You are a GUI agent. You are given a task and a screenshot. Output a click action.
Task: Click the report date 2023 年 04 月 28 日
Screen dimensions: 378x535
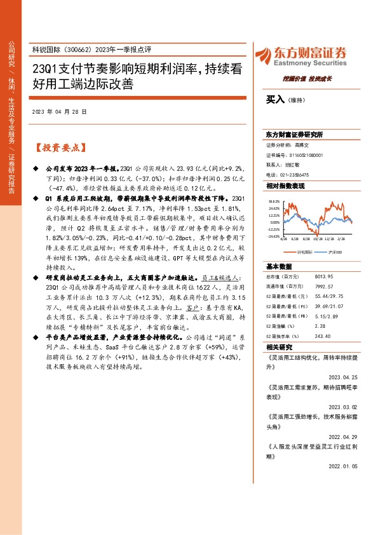pyautogui.click(x=58, y=111)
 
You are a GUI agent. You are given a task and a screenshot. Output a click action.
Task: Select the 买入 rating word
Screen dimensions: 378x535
pyautogui.click(x=275, y=100)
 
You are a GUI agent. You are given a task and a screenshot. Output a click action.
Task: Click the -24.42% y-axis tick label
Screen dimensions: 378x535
pyautogui.click(x=274, y=236)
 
